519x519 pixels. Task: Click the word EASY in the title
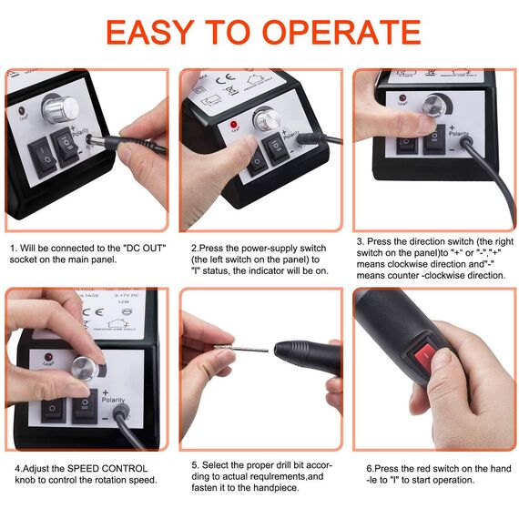click(x=150, y=32)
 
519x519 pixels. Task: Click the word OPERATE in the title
click(x=341, y=32)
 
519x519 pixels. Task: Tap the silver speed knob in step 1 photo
click(x=61, y=107)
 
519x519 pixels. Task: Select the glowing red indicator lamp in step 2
click(x=234, y=125)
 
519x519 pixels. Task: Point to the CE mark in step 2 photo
click(x=226, y=79)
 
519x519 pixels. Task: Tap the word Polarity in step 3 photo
click(x=459, y=133)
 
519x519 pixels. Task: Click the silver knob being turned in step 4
click(x=84, y=369)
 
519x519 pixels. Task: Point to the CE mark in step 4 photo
click(x=93, y=311)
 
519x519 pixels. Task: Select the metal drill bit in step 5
click(x=241, y=348)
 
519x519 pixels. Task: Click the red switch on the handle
click(x=426, y=356)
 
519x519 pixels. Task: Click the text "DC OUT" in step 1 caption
click(x=144, y=249)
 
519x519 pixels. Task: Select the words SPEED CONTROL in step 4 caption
click(x=107, y=469)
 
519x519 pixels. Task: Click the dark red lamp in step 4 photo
click(x=48, y=357)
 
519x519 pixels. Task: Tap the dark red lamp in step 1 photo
click(x=23, y=111)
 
